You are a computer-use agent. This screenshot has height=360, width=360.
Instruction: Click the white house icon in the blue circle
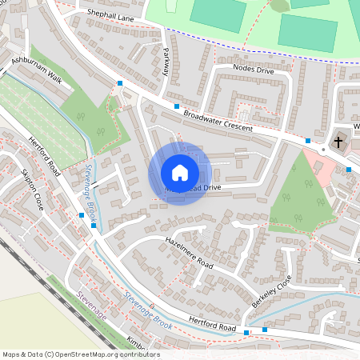click(x=180, y=172)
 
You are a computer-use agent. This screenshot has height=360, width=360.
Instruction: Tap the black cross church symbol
click(x=338, y=142)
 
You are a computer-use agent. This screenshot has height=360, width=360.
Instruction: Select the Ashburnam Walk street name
click(x=37, y=70)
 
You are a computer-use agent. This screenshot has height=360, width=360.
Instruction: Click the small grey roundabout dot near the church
click(x=323, y=150)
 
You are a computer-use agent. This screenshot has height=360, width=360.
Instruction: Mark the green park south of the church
click(x=300, y=192)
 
